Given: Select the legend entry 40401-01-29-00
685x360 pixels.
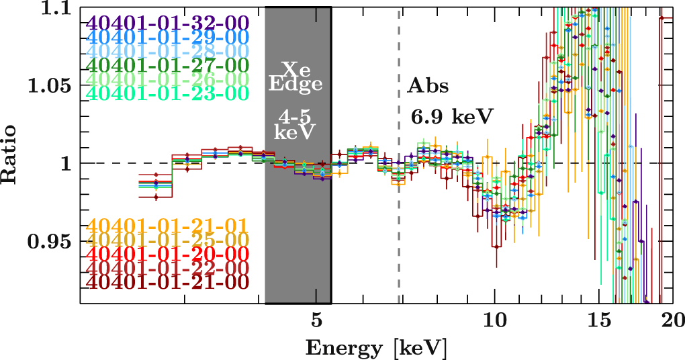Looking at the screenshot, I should point(168,36).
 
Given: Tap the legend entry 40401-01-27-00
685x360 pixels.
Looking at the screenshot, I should point(168,65).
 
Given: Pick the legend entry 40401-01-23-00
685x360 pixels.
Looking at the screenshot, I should point(168,94).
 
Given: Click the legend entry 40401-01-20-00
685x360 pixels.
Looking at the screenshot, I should point(168,254).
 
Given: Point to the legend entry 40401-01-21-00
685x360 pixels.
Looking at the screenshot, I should point(168,283).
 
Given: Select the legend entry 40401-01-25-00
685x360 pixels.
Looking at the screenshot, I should point(168,240).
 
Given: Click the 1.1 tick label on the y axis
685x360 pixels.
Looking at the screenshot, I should point(54,9).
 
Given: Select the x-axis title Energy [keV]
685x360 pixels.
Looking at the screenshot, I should point(376,348).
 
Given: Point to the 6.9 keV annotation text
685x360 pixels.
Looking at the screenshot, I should point(451,116).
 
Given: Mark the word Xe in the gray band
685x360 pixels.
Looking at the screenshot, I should point(296,69).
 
